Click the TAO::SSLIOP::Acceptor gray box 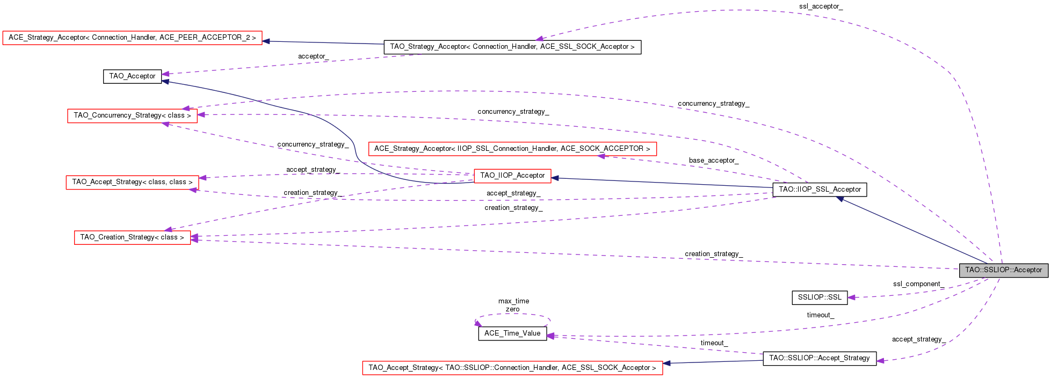pos(1003,270)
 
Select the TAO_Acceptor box pos(132,76)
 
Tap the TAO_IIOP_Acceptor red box pos(512,176)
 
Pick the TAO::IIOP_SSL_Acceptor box pos(820,190)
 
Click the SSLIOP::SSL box pos(820,297)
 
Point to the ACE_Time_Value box pos(512,333)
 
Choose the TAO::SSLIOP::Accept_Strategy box pos(819,358)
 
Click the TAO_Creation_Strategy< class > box pos(132,237)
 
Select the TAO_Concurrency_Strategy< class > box pos(132,115)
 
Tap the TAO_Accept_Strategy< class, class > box pos(132,182)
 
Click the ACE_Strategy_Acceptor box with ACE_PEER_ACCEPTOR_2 pos(132,38)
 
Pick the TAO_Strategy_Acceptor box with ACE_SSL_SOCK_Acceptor pos(512,47)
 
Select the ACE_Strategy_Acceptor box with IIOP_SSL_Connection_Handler pos(512,149)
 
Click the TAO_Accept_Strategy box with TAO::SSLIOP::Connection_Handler pos(512,368)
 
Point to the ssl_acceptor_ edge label pos(821,6)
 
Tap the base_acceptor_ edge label pos(713,161)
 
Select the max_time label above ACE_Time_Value pos(513,301)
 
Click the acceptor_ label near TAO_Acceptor pos(313,56)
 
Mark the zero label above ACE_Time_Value pos(512,309)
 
